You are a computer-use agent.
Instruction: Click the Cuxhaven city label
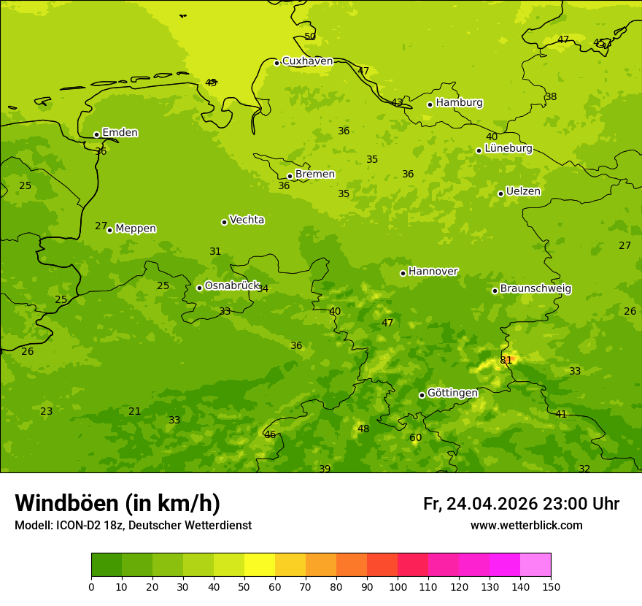[307, 61]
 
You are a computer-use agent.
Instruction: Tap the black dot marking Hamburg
[430, 104]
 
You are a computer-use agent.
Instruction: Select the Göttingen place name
[452, 394]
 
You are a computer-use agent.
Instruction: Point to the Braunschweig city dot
[495, 291]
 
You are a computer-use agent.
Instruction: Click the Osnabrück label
[232, 286]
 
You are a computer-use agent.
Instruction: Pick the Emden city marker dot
[96, 134]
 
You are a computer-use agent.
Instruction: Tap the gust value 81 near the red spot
[506, 361]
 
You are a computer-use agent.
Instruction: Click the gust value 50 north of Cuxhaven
[310, 37]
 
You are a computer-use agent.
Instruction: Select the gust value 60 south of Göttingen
[415, 438]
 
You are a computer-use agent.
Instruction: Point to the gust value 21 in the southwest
[134, 412]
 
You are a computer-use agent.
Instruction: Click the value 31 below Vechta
[215, 252]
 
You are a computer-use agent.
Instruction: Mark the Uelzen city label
[523, 192]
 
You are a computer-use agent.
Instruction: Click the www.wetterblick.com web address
[526, 526]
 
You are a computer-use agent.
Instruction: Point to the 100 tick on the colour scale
[398, 586]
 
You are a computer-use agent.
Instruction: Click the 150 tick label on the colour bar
[550, 586]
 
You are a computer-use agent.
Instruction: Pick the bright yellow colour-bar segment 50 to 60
[260, 565]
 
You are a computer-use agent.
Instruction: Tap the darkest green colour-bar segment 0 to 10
[107, 565]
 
